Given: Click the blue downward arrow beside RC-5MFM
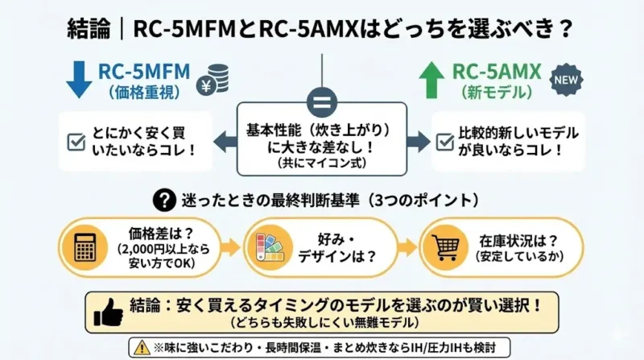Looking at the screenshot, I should coord(79,80).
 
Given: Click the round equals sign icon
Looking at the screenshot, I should coord(322,104).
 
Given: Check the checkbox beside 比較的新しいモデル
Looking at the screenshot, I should coord(444,141).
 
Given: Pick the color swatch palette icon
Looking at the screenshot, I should coord(265,247).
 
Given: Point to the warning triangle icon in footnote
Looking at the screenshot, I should coord(142,347).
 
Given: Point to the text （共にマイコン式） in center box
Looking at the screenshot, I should coord(322,160).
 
